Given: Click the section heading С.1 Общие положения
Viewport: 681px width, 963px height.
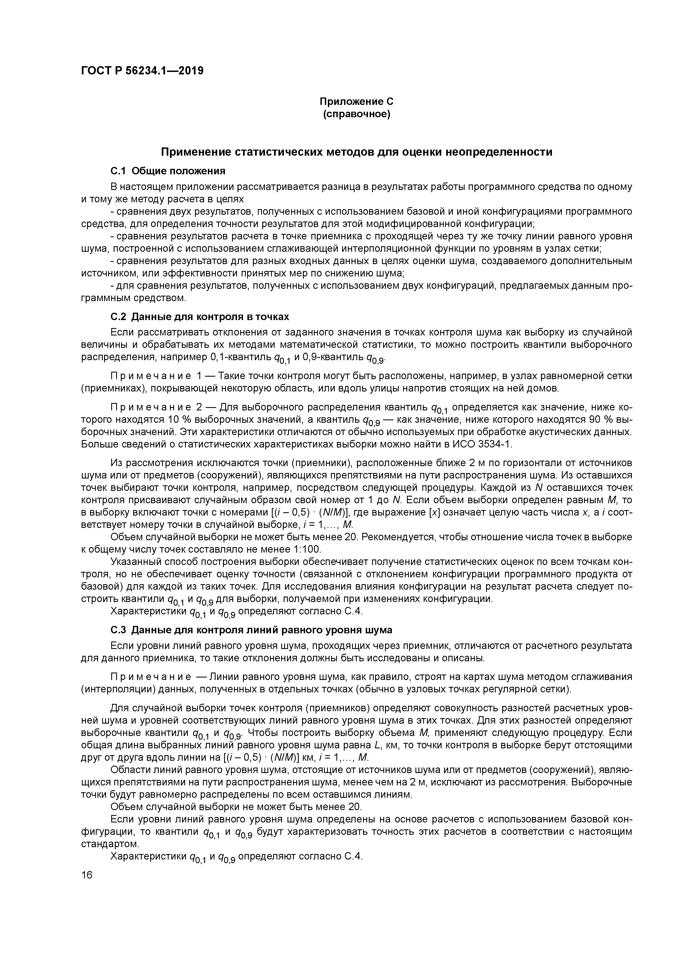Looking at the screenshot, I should coord(168,171).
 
